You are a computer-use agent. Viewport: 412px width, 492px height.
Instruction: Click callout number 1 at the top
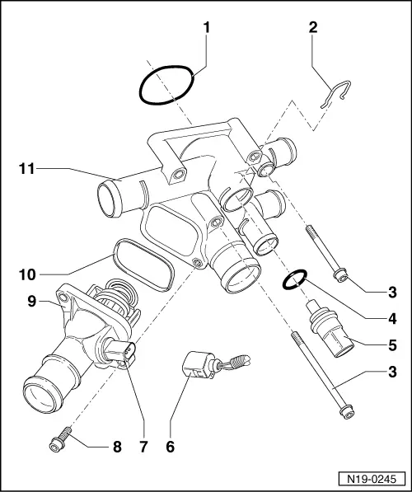coord(207,27)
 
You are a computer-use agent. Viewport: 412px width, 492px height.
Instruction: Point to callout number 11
coord(26,169)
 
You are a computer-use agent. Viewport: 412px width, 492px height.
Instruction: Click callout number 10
coord(26,269)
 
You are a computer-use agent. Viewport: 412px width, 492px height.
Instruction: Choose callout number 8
coord(117,447)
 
